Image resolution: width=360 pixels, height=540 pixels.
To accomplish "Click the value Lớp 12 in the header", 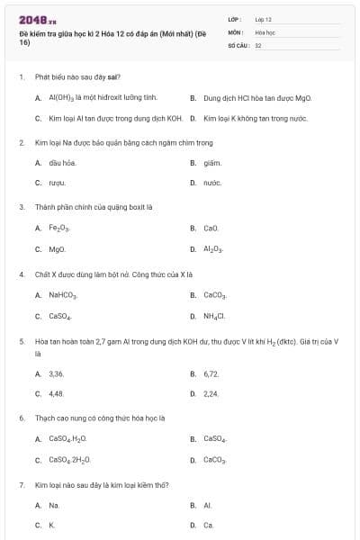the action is (263, 19).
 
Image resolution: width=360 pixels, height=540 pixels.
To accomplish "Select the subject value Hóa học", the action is (264, 31).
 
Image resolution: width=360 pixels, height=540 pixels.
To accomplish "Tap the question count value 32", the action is (258, 44).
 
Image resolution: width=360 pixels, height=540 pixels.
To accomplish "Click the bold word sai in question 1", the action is (112, 77).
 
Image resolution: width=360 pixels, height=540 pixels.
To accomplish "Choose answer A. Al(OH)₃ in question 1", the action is (103, 96).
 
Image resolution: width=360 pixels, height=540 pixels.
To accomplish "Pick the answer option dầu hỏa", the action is (62, 163).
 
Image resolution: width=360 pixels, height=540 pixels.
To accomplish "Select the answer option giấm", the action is (211, 163).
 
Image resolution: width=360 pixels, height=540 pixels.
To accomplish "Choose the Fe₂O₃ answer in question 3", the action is (59, 229).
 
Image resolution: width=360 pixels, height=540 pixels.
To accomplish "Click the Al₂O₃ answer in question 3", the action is (214, 249).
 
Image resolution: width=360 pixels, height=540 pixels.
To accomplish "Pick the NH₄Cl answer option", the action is (214, 316).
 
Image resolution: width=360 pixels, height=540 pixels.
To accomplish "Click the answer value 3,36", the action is (56, 373).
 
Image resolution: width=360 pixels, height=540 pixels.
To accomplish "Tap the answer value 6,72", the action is (211, 373).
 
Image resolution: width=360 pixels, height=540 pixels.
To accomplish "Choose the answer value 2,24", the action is (211, 393).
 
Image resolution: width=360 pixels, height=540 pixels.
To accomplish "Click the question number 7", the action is (21, 485).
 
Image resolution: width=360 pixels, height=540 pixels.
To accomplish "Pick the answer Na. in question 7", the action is (54, 506).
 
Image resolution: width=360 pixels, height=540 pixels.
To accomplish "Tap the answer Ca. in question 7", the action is (209, 525).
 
